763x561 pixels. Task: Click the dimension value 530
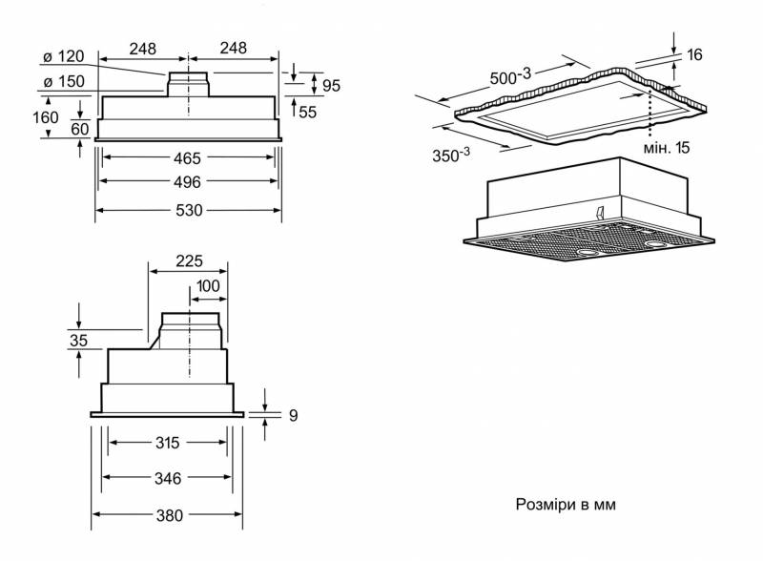point(189,211)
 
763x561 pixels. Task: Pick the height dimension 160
point(45,117)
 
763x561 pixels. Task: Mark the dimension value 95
point(331,86)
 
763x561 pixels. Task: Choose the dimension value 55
point(307,112)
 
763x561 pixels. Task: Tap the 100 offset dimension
point(208,286)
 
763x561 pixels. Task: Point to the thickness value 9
point(294,415)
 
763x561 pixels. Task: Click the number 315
point(169,443)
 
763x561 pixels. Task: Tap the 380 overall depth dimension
point(169,516)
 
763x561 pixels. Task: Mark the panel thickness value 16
point(693,54)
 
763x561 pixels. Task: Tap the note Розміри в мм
point(566,504)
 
